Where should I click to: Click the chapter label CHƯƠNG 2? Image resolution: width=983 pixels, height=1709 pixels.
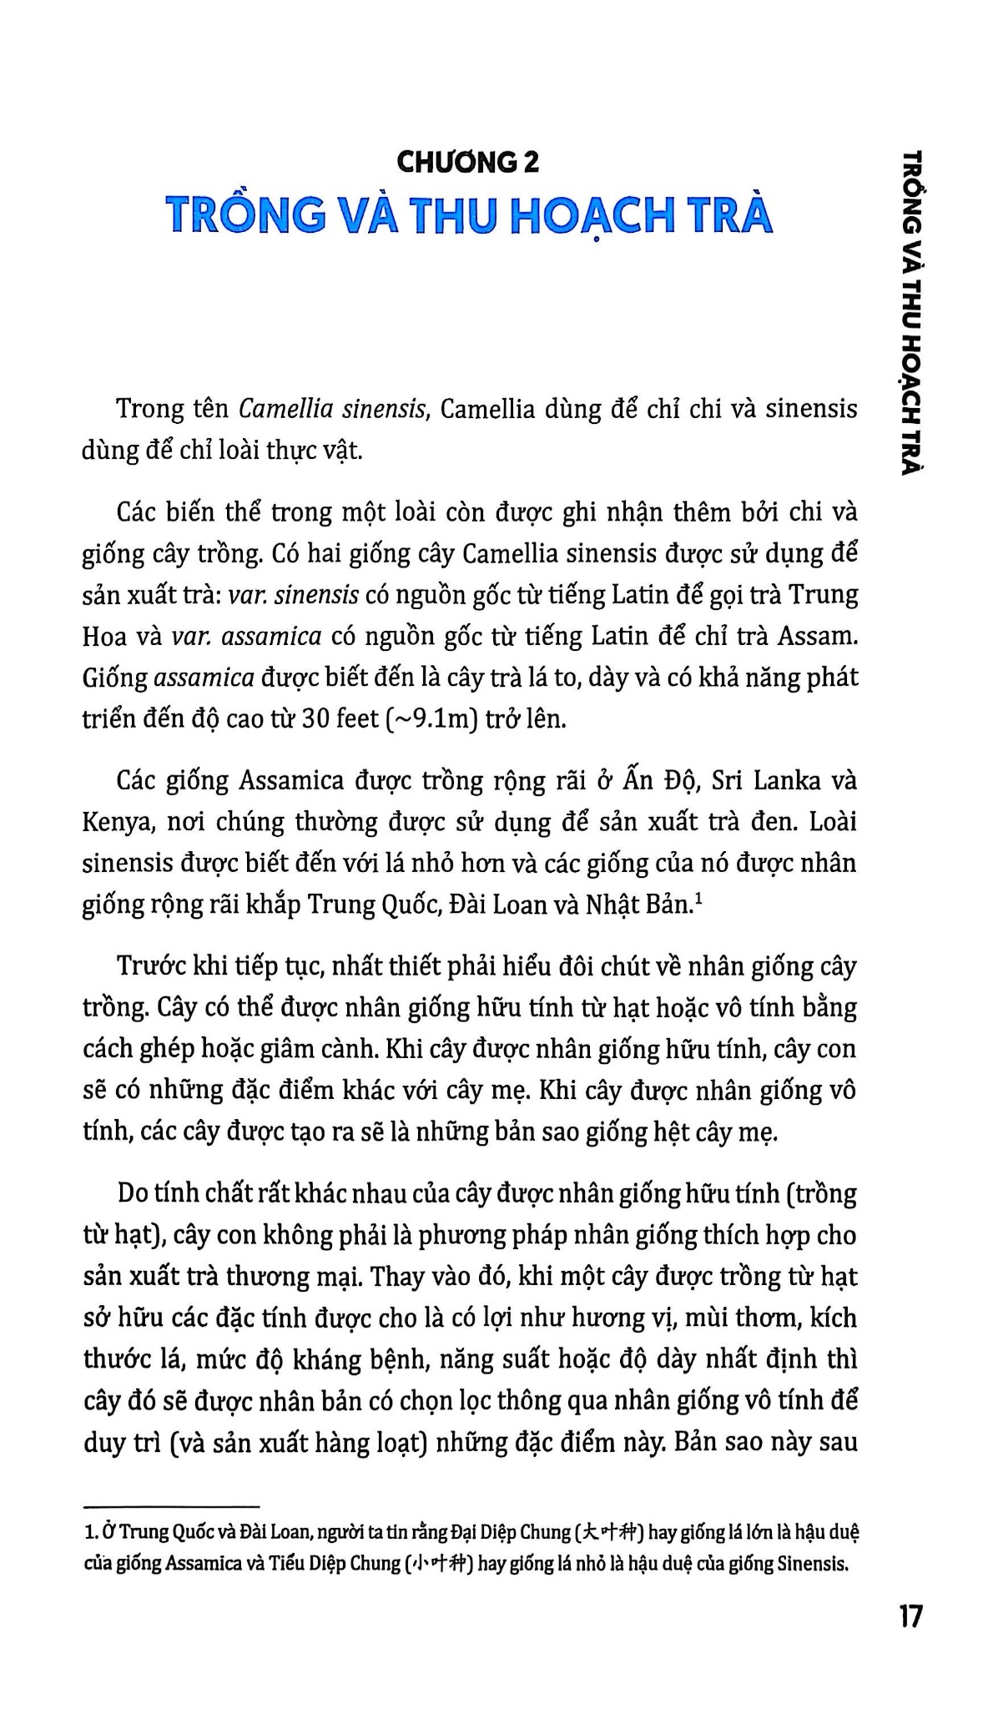click(468, 162)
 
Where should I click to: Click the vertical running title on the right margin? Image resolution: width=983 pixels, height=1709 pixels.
click(914, 313)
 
